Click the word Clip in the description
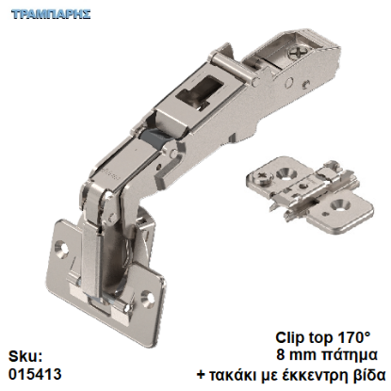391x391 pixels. pyautogui.click(x=291, y=336)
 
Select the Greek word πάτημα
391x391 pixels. pyautogui.click(x=349, y=355)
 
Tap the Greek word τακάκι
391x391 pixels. pyautogui.click(x=234, y=374)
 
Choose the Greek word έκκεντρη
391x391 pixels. pyautogui.click(x=318, y=374)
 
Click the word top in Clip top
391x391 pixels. pyautogui.click(x=321, y=336)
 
